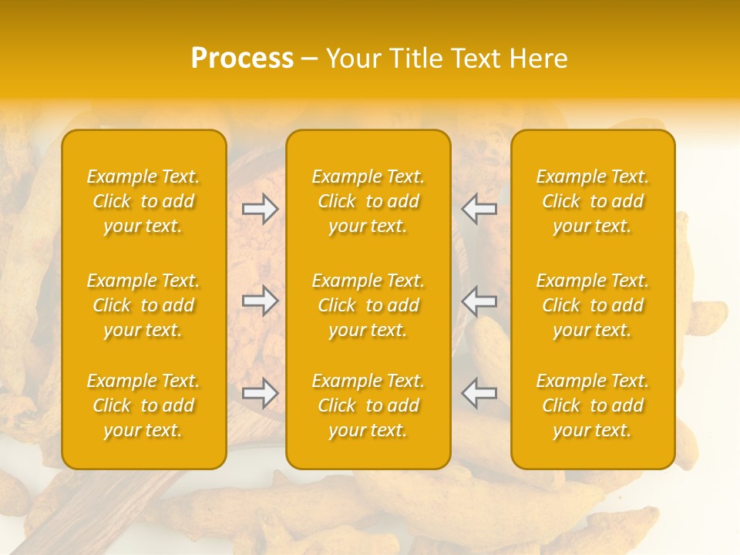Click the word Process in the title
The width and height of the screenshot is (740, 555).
[x=242, y=59]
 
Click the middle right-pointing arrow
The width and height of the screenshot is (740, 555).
[x=261, y=301]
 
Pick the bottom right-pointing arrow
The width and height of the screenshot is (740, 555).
[x=261, y=393]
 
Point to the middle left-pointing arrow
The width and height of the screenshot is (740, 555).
[x=479, y=301]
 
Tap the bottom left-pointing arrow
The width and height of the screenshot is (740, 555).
[x=479, y=393]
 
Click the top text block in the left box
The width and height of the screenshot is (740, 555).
[x=143, y=201]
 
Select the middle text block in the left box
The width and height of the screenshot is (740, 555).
[x=143, y=305]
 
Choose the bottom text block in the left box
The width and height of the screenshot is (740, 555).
[x=143, y=405]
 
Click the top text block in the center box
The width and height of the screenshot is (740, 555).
[x=368, y=201]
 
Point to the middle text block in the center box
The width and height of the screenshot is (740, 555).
[x=368, y=305]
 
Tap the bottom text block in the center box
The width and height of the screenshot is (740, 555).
[x=368, y=405]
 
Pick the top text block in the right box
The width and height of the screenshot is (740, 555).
[x=593, y=201]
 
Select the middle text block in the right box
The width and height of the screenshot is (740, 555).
[x=593, y=305]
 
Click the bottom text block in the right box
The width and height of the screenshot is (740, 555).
[x=593, y=405]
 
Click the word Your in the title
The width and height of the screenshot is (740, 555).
[x=351, y=59]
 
